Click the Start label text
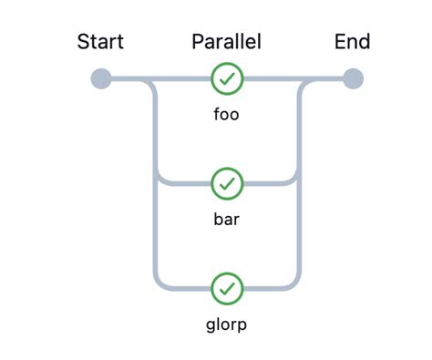(x=100, y=42)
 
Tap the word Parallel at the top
(x=226, y=42)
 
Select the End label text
(x=352, y=42)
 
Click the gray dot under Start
(x=101, y=79)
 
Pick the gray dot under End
(x=353, y=79)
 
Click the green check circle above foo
(x=227, y=79)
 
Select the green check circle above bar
(x=227, y=184)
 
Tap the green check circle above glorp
(x=227, y=289)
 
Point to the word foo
(x=226, y=115)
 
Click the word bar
(x=226, y=220)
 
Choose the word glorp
(x=226, y=324)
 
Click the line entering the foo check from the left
(x=182, y=79)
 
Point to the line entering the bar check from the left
(x=187, y=184)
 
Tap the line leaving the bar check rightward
(x=266, y=184)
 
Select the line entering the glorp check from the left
(x=187, y=289)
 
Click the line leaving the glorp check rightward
(x=266, y=289)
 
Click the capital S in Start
(x=83, y=42)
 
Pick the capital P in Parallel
(x=198, y=42)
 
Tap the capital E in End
(x=340, y=42)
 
